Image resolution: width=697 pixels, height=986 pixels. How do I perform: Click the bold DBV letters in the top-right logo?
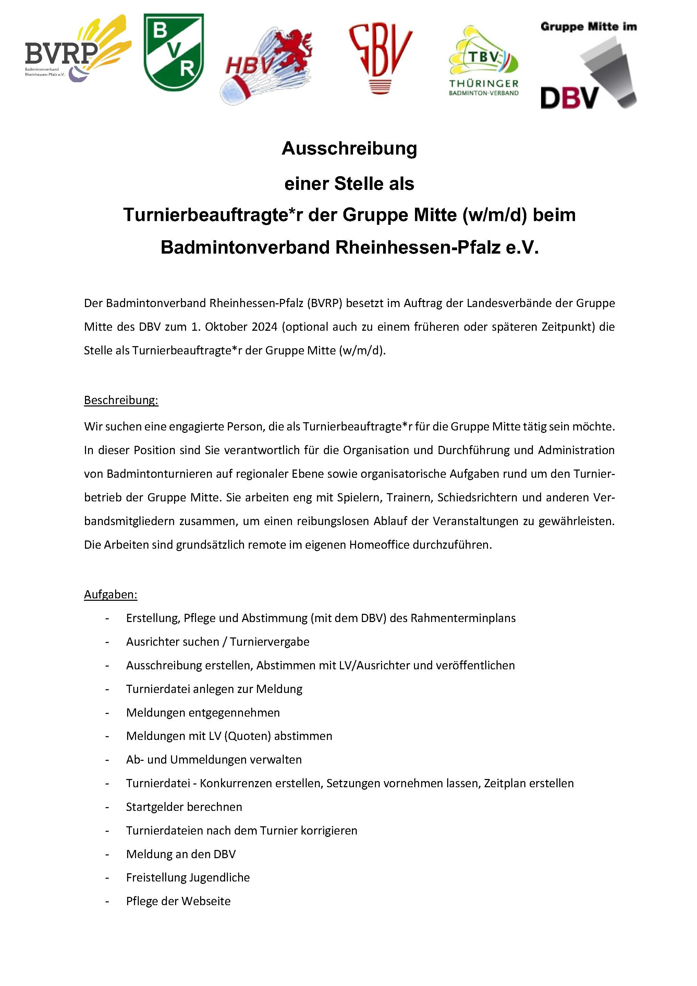coord(569,98)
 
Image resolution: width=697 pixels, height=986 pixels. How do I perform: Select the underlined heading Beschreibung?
coord(121,400)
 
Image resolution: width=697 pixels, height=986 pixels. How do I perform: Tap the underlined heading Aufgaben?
coord(110,594)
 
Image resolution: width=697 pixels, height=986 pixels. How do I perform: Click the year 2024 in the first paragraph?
coord(264,327)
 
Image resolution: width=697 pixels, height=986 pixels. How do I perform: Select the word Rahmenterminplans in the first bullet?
coord(463,618)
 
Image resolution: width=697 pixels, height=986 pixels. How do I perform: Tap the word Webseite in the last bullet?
coord(206,901)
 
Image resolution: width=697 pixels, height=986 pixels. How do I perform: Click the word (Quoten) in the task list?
coord(248,736)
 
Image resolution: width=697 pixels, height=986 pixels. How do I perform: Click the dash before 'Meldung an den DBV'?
coord(107,854)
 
